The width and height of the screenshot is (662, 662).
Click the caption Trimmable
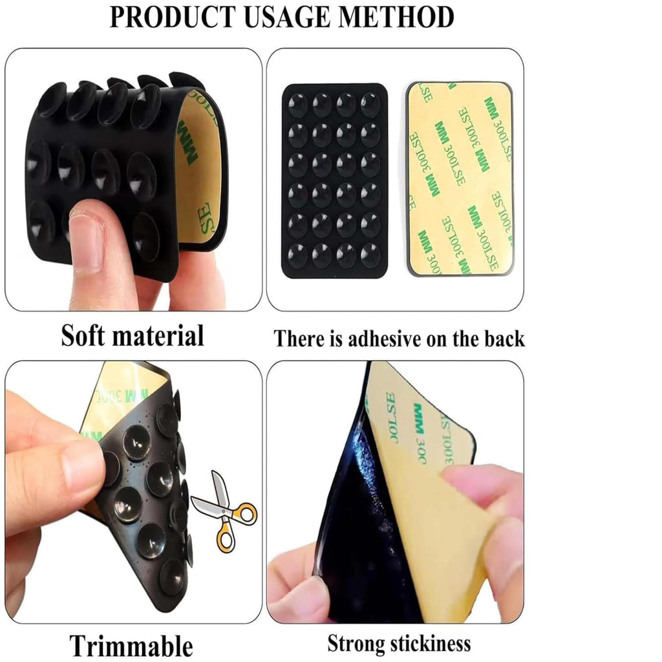[131, 646]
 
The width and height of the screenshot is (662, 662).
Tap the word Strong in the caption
[357, 643]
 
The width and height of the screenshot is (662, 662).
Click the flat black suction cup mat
[334, 181]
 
